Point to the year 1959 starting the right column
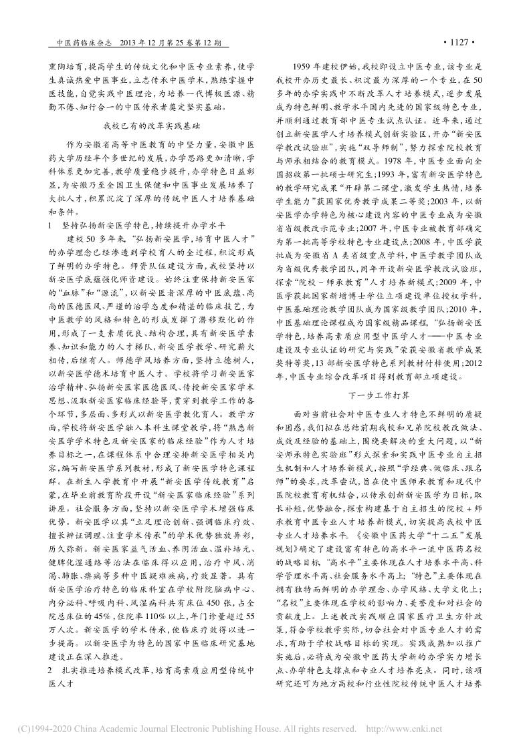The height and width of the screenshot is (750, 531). point(305,67)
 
